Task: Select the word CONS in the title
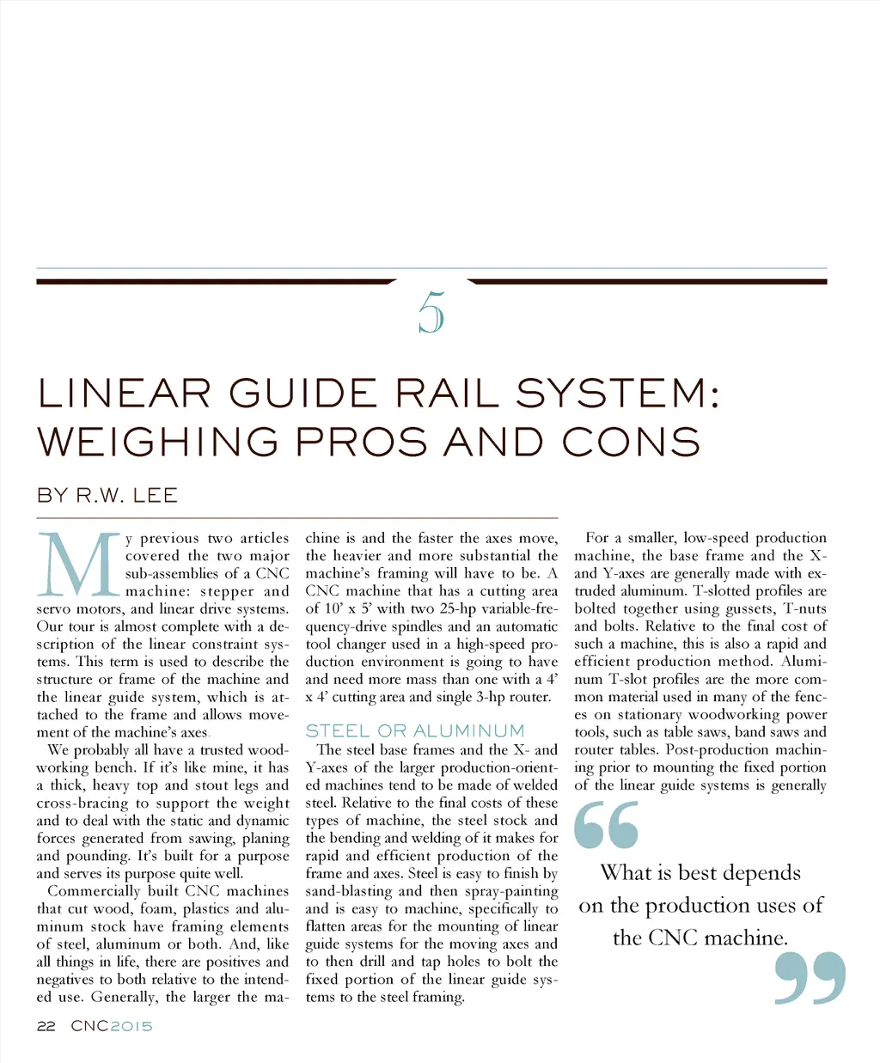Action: tap(631, 443)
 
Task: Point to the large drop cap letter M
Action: tap(78, 565)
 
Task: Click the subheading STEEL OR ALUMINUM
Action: tap(415, 730)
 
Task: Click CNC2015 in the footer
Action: tap(112, 1026)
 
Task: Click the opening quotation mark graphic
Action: tap(607, 825)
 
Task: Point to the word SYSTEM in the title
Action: tap(609, 394)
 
